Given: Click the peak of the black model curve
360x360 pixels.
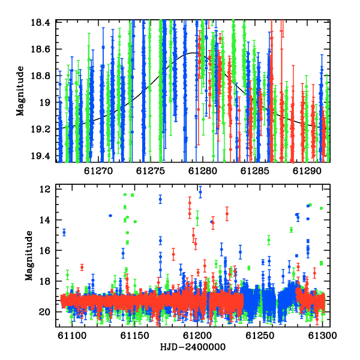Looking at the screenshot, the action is click(x=193, y=53).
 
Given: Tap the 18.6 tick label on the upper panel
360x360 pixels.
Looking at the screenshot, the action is click(x=41, y=49).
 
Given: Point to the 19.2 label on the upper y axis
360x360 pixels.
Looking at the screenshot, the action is click(x=41, y=129).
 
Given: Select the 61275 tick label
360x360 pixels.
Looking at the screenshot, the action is click(x=151, y=171).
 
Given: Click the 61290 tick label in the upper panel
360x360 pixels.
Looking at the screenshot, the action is click(x=307, y=171).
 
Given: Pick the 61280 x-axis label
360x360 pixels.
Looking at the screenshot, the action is click(x=203, y=171).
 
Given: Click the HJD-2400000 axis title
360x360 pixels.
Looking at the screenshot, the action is click(x=193, y=347).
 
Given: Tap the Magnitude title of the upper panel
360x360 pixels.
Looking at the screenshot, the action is click(x=20, y=91).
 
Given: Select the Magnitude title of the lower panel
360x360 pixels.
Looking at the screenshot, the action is click(x=29, y=256).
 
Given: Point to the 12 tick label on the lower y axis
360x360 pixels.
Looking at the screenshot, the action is click(x=45, y=190).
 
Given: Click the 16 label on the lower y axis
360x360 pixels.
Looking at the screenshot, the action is click(x=45, y=250).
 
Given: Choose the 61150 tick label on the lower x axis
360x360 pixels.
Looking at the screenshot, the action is click(x=135, y=335).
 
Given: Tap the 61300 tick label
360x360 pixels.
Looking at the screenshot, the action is click(x=323, y=335).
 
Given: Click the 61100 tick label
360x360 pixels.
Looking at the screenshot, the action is click(x=72, y=335).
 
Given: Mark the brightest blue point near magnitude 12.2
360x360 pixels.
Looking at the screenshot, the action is click(x=200, y=192).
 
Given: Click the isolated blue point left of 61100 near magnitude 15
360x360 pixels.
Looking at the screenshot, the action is click(x=64, y=233).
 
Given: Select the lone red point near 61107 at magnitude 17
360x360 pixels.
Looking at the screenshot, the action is click(x=82, y=267).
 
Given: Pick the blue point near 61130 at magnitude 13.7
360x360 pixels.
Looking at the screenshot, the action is click(x=110, y=215).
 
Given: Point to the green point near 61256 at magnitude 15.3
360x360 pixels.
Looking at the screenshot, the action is click(x=269, y=240).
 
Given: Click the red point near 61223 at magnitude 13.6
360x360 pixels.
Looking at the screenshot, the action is click(x=227, y=214).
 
